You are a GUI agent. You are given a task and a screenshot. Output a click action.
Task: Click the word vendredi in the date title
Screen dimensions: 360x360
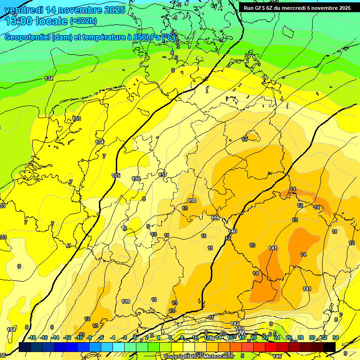(x=23, y=9)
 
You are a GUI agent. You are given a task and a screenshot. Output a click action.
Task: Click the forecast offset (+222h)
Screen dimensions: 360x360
(x=83, y=21)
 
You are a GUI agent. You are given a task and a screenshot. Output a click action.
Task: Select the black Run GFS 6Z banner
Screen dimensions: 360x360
(x=297, y=8)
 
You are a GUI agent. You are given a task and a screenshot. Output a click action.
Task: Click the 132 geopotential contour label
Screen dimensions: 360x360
(x=49, y=78)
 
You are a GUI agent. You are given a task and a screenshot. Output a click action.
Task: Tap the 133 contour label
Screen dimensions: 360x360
(x=76, y=119)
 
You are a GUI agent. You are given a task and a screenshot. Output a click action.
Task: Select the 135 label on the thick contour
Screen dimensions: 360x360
(x=116, y=175)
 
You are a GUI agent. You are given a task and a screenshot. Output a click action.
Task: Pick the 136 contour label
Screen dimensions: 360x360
(x=136, y=179)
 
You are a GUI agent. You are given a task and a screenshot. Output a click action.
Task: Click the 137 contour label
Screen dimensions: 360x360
(x=163, y=175)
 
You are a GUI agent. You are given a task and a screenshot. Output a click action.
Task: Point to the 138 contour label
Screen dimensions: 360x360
(x=192, y=201)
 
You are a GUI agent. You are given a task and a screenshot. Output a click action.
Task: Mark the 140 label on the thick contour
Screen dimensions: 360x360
(x=233, y=231)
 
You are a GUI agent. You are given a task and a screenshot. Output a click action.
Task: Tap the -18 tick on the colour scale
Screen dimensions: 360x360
(x=32, y=337)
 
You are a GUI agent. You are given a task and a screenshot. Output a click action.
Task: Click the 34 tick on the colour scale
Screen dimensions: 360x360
(x=336, y=337)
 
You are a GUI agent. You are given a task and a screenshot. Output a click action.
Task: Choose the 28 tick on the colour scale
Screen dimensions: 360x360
(x=300, y=337)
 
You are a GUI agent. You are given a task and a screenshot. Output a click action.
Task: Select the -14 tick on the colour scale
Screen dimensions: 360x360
(x=55, y=337)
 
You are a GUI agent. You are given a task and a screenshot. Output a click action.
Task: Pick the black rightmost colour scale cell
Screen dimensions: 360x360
(x=330, y=347)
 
